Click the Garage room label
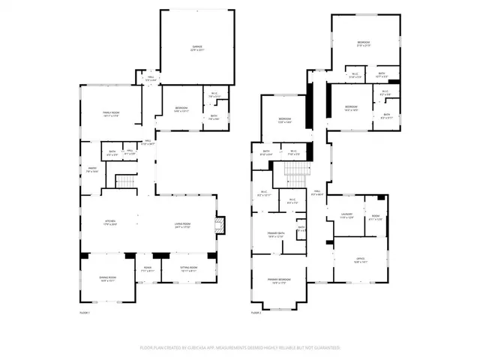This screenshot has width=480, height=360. pos(196,48)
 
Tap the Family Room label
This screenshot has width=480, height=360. pos(111,113)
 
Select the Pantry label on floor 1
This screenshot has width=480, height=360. pos(92,169)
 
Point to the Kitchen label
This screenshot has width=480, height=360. pos(110,222)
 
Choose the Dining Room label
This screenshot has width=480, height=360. pos(108,278)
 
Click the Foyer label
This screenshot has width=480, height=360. pos(147,268)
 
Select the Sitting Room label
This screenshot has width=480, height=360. pos(188,268)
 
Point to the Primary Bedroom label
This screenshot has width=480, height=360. pos(280,280)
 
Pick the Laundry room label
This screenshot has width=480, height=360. pos(346,217)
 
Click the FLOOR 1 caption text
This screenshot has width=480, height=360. pos(85,313)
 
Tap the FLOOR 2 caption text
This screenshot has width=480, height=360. pos(256,313)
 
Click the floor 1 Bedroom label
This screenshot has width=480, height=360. pos(181,109)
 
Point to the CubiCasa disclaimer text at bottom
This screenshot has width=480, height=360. pos(240,348)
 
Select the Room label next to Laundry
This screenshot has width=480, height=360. pos(375,217)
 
